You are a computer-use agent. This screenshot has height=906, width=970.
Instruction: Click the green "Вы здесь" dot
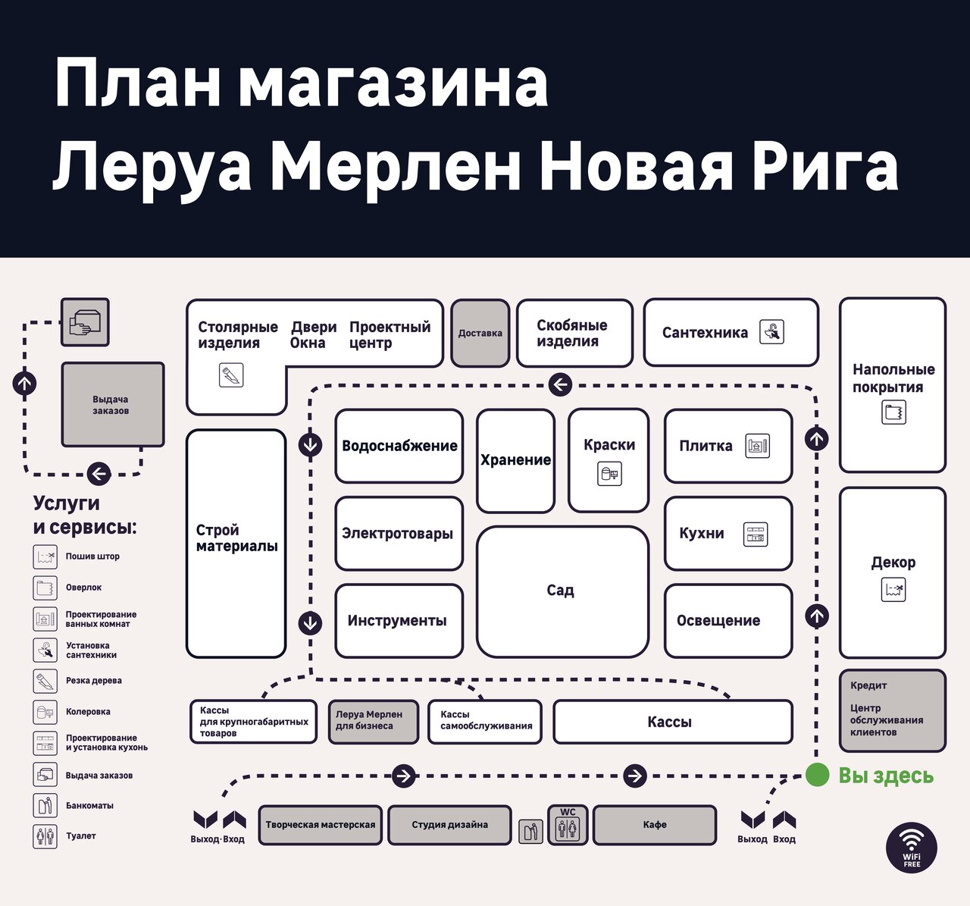(817, 775)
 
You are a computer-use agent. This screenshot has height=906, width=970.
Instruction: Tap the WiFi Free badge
(912, 847)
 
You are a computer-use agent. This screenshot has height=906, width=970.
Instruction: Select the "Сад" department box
(562, 591)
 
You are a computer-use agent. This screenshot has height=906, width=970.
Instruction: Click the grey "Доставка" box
(480, 333)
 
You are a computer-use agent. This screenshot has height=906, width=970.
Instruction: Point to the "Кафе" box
(655, 825)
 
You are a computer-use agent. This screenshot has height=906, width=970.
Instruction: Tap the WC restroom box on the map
(568, 825)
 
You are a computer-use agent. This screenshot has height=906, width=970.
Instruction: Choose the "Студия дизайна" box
(449, 825)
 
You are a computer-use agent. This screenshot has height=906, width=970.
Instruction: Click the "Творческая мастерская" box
(320, 825)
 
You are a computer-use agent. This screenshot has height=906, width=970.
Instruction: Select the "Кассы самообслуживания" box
(486, 721)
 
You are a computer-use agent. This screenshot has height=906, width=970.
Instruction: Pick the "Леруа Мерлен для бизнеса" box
(374, 721)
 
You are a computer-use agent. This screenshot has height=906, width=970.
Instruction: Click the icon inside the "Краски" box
(609, 475)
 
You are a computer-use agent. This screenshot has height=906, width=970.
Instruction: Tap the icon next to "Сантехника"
(771, 332)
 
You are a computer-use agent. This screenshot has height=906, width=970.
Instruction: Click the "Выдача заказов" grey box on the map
(112, 405)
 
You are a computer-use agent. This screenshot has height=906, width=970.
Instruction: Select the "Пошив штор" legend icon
(45, 557)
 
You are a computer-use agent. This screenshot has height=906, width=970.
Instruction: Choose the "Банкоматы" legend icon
(45, 805)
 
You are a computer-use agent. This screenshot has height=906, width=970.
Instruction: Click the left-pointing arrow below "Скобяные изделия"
(559, 384)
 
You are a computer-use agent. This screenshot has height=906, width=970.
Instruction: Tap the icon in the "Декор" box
(893, 590)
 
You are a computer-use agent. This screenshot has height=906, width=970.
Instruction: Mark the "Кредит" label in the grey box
(868, 685)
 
